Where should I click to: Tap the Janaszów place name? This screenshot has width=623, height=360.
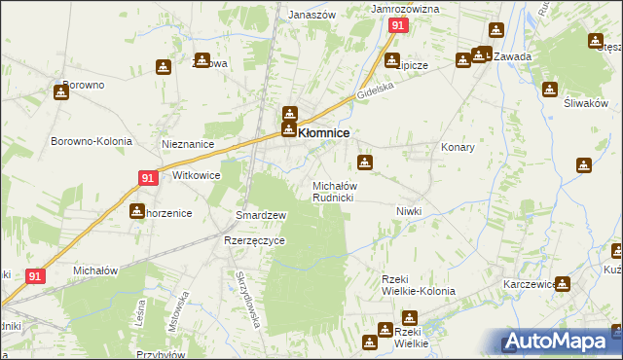click(312, 15)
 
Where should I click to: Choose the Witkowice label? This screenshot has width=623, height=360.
click(196, 176)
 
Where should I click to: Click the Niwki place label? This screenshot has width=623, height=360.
click(408, 211)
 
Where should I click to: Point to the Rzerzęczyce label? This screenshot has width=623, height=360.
click(254, 241)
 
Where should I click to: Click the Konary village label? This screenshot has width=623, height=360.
click(458, 147)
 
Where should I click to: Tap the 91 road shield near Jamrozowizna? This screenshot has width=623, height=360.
click(397, 26)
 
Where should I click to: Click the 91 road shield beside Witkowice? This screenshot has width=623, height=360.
click(148, 178)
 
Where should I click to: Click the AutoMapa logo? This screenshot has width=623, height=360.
click(560, 341)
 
